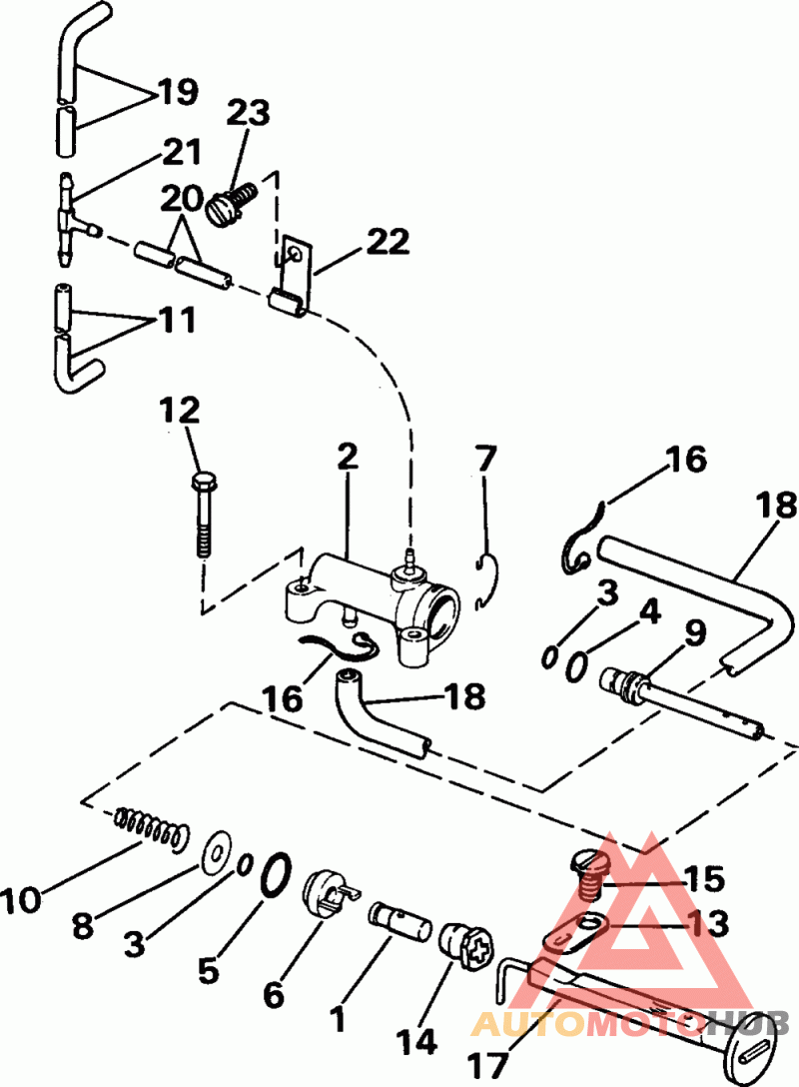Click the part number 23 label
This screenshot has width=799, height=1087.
(x=248, y=113)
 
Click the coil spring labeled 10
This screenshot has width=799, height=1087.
(x=151, y=825)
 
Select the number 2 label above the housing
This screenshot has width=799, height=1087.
(x=347, y=458)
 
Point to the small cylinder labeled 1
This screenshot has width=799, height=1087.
(x=400, y=916)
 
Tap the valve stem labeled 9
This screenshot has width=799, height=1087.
(x=679, y=706)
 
